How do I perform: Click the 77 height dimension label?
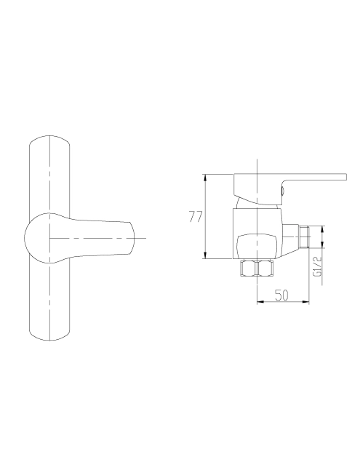pos(196,216)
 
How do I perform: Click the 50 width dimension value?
pos(281,295)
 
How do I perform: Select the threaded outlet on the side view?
pos(304,237)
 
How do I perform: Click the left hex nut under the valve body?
pos(247,268)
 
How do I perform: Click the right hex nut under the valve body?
pos(265,268)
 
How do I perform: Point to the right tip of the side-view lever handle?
pos(346,178)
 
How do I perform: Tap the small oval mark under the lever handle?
pos(282,191)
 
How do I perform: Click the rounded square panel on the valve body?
pos(257,247)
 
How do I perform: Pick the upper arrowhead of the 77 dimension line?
pos(206,178)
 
